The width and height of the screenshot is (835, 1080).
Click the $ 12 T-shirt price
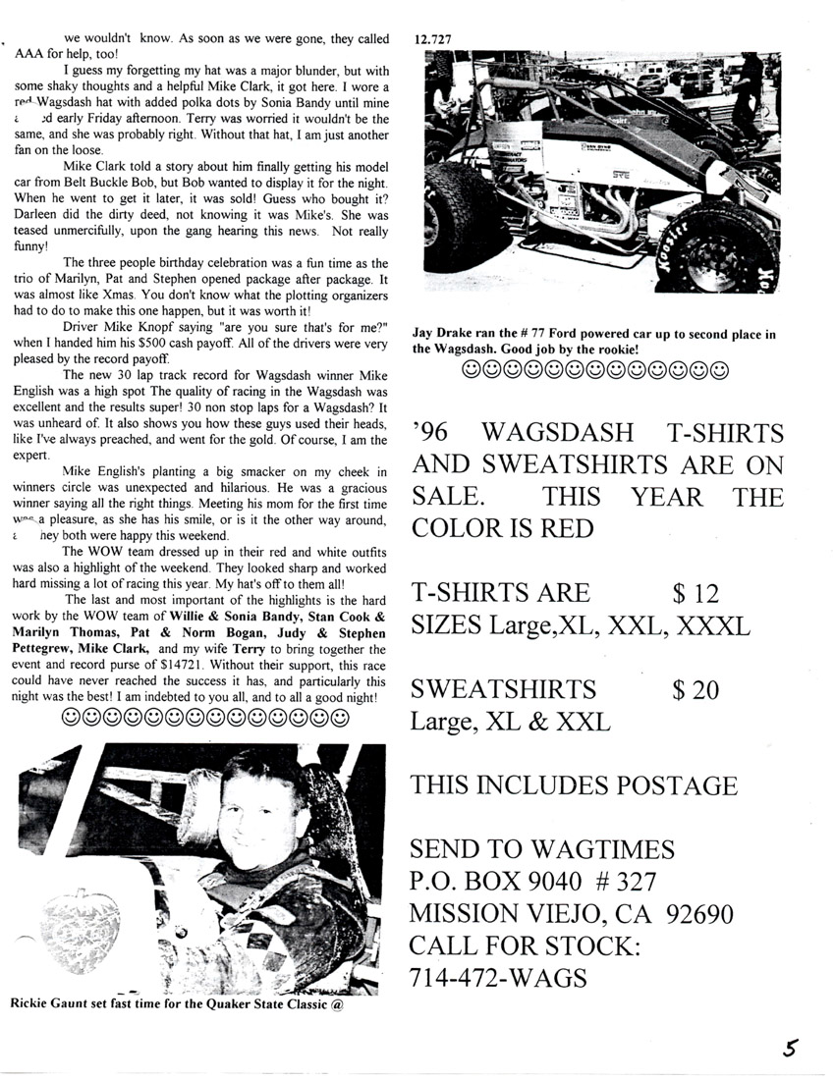pos(696,593)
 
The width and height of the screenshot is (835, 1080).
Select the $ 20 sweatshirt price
pos(696,689)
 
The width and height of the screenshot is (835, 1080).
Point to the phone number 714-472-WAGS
pos(499,979)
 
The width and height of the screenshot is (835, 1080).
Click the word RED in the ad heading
pos(559,528)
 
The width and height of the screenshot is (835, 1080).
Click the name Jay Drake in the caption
pos(445,335)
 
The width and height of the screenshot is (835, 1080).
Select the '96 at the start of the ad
pos(430,432)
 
